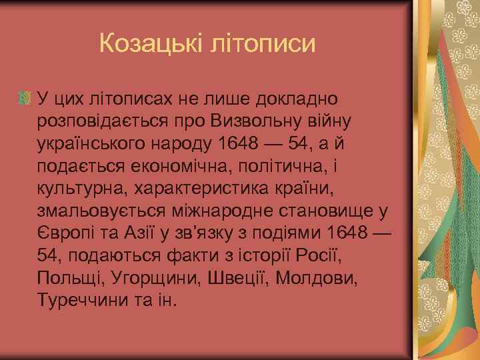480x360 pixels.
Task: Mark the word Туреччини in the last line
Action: [x=77, y=303]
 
